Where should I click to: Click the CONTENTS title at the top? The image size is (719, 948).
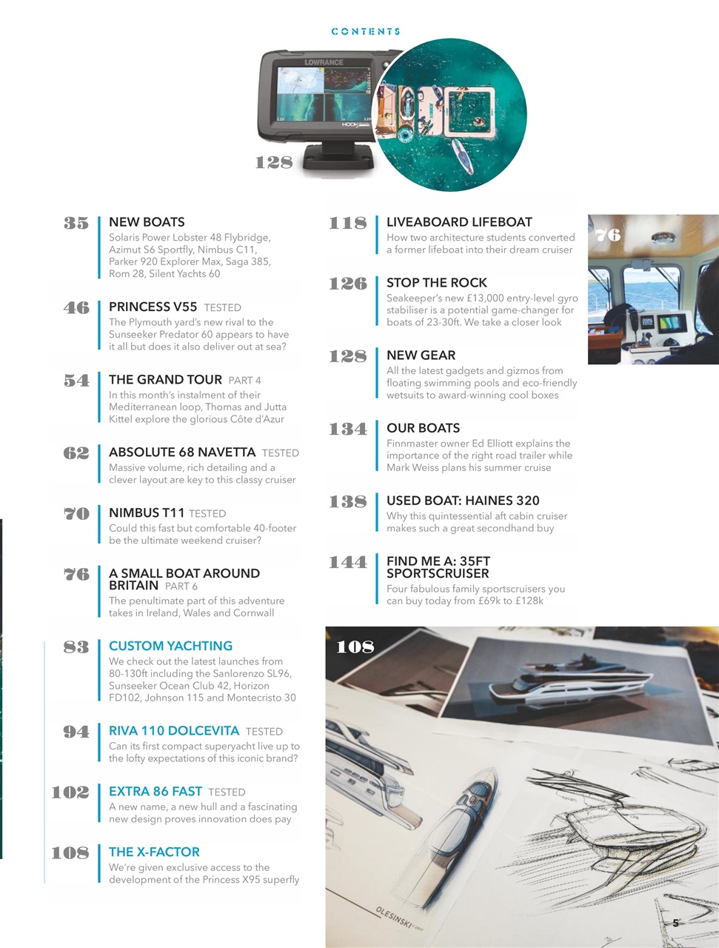pos(366,32)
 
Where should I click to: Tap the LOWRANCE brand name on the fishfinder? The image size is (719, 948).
pos(324,62)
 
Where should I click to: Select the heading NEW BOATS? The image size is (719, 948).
pos(147,222)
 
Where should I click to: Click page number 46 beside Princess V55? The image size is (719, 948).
pos(76,307)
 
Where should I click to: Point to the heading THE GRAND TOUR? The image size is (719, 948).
pos(165,380)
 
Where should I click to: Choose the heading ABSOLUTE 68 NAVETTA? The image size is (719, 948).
pos(182,453)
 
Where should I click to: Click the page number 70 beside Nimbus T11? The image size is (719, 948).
pos(76,513)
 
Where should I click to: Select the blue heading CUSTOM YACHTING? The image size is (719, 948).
pos(170,646)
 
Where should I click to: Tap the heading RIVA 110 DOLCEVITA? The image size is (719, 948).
pos(173,731)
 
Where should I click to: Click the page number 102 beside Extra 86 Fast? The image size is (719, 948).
pos(70,792)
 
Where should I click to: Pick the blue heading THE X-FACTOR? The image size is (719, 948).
pos(154,852)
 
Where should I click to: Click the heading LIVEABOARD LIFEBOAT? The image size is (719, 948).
pos(459,222)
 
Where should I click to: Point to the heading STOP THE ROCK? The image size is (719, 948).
pos(437,283)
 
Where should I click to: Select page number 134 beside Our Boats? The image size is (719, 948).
pos(348,428)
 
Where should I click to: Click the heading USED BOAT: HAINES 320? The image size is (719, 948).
pos(463,501)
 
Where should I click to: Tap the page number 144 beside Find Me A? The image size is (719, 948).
pos(348,562)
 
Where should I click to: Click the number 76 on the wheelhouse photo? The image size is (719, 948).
pos(608,235)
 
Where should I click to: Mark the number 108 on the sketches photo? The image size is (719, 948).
pos(355,647)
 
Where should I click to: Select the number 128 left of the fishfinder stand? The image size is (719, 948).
pos(274,162)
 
